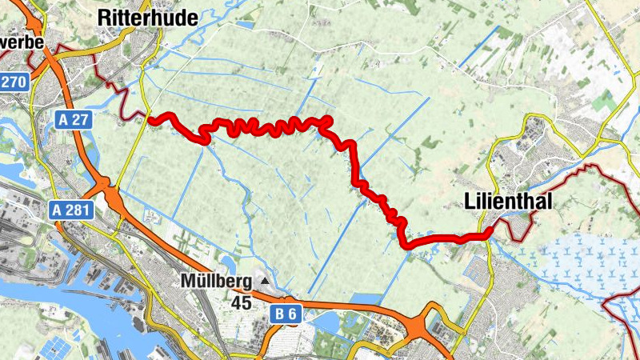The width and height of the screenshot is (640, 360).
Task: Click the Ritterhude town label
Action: click(x=146, y=17)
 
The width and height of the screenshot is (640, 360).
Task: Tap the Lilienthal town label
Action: click(x=508, y=203)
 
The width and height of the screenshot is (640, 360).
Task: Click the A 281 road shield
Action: click(x=71, y=210)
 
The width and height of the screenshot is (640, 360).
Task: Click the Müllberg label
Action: click(x=215, y=282)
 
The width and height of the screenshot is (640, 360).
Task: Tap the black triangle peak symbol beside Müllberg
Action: click(x=264, y=282)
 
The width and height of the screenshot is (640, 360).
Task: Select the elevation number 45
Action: click(x=242, y=303)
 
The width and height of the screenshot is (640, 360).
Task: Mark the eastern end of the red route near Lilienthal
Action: click(x=490, y=232)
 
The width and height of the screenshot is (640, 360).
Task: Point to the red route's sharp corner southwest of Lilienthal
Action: click(x=405, y=243)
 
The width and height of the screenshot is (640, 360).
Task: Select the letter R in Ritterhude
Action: click(x=103, y=17)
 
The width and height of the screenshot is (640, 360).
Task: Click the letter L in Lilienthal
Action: click(x=470, y=203)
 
